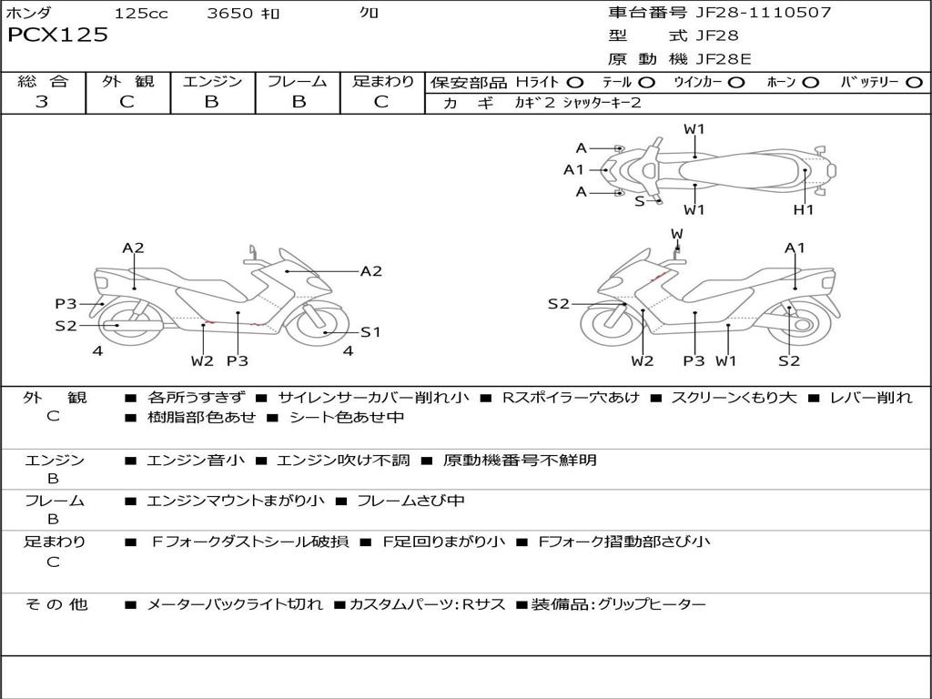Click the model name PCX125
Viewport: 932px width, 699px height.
[x=57, y=35]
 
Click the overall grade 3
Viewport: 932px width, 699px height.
[x=42, y=102]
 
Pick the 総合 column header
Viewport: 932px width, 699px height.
[x=43, y=81]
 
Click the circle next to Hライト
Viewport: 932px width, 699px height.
[x=575, y=83]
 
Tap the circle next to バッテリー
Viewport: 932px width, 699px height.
[x=914, y=83]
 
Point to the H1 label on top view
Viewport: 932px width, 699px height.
[x=804, y=209]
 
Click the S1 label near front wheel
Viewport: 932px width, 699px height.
[x=370, y=331]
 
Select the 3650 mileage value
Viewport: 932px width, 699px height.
[x=230, y=13]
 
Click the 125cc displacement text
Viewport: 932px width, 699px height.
[x=141, y=13]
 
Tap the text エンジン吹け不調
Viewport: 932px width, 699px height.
[x=343, y=460]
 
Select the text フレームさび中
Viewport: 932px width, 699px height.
[x=410, y=501]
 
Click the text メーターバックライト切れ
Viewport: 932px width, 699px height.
[x=234, y=604]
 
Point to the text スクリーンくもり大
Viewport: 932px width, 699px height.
[x=734, y=397]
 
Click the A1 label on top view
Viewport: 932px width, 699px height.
[x=573, y=170]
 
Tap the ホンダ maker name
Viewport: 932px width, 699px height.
[x=28, y=13]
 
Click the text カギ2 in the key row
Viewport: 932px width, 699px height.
[x=534, y=103]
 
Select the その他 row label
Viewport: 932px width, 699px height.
[x=56, y=604]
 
